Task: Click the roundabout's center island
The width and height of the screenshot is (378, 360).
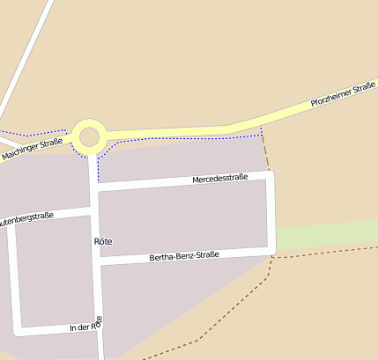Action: pyautogui.click(x=89, y=136)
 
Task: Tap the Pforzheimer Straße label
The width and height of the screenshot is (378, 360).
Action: pyautogui.click(x=344, y=96)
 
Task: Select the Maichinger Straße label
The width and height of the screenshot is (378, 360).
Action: pyautogui.click(x=32, y=149)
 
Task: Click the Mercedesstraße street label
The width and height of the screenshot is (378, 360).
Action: pyautogui.click(x=219, y=179)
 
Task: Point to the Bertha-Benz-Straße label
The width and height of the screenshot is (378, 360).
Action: pyautogui.click(x=183, y=256)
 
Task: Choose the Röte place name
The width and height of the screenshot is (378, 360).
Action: pyautogui.click(x=102, y=240)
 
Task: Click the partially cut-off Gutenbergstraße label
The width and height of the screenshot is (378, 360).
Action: pyautogui.click(x=26, y=217)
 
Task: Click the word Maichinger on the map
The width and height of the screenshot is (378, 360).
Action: pyautogui.click(x=21, y=152)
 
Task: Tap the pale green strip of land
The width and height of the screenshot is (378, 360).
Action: pyautogui.click(x=326, y=235)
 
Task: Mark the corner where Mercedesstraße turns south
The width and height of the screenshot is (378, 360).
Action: pyautogui.click(x=270, y=176)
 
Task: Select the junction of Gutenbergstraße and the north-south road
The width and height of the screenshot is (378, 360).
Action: pyautogui.click(x=93, y=211)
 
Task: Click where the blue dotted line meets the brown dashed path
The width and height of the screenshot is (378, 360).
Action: pyautogui.click(x=262, y=133)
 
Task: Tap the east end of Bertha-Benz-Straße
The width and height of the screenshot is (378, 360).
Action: pyautogui.click(x=271, y=252)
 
